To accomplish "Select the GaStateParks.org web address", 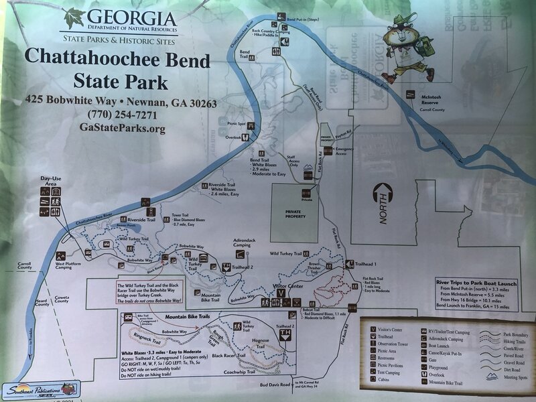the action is tap(121, 128).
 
